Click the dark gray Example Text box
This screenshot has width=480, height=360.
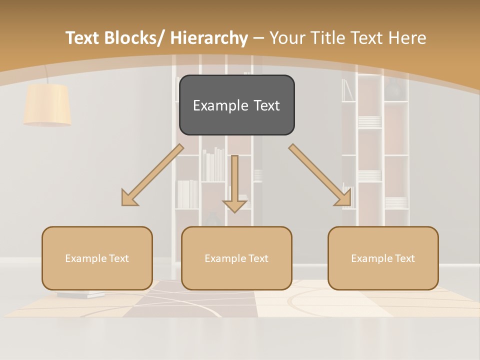[236, 105]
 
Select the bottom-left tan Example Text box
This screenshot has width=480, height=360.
[97, 258]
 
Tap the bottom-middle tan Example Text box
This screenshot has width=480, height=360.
[236, 258]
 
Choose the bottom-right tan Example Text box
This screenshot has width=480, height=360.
[383, 258]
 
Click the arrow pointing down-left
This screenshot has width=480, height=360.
[152, 174]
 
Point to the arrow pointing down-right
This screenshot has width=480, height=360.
[320, 174]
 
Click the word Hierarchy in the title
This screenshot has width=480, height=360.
[209, 38]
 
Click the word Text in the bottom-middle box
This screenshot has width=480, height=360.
[257, 258]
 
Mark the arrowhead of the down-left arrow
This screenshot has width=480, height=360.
[129, 198]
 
